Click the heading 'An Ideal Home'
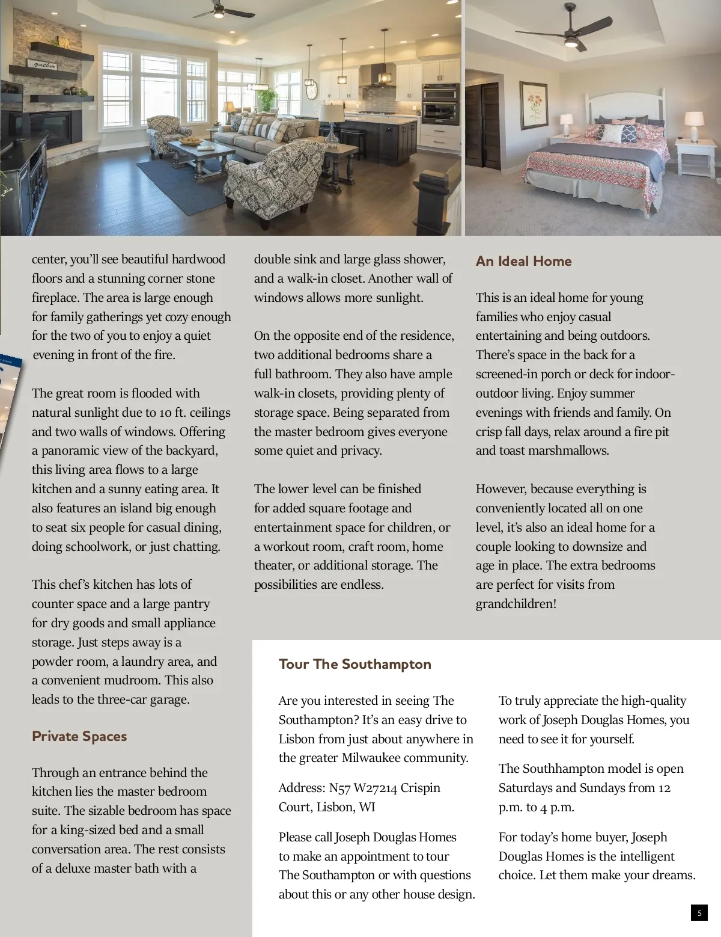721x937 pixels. tap(523, 261)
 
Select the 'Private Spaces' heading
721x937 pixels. tap(79, 736)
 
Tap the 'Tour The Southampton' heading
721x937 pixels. tap(354, 664)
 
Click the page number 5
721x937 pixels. tap(699, 913)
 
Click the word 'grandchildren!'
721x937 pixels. tap(516, 604)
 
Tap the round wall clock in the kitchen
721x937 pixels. tap(311, 90)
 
